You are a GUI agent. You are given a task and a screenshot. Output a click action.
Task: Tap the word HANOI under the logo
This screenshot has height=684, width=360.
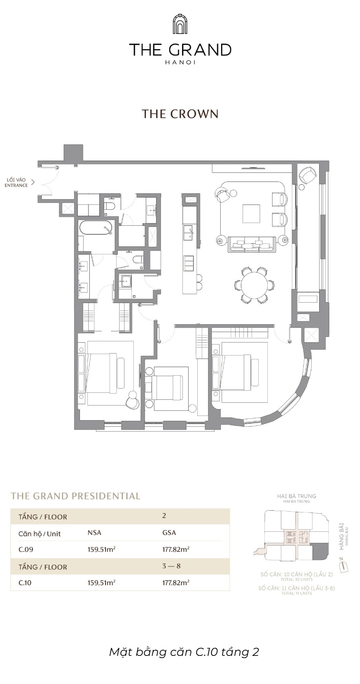(x=180, y=62)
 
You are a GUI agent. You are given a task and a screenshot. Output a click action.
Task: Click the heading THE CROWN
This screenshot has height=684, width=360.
(x=180, y=114)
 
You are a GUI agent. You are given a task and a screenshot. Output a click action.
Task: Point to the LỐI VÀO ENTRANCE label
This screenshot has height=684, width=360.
(x=17, y=183)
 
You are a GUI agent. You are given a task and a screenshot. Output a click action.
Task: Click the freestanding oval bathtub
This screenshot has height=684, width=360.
(x=96, y=227)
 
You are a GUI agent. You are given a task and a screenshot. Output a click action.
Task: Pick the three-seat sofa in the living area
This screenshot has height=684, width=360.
(x=251, y=244)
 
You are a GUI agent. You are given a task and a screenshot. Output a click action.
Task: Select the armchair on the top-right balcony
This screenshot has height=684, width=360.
(x=308, y=175)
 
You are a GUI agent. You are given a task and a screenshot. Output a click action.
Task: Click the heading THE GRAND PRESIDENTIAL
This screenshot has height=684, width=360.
(x=76, y=496)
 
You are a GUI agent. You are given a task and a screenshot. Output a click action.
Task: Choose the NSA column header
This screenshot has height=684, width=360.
(x=95, y=533)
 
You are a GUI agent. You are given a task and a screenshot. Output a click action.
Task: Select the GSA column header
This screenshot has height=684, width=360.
(x=169, y=533)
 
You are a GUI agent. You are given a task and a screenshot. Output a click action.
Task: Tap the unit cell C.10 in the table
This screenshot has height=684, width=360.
(x=25, y=583)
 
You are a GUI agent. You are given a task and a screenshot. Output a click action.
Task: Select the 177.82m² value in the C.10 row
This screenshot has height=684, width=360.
(x=176, y=583)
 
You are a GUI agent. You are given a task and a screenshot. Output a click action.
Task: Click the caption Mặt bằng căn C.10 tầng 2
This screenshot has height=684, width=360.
(x=184, y=652)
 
